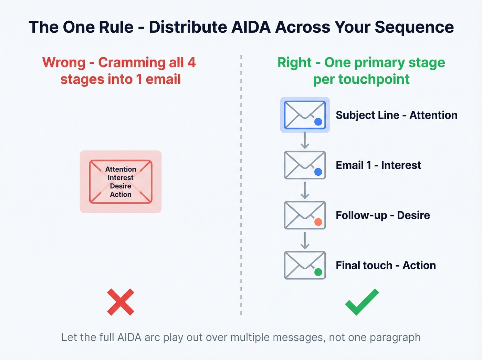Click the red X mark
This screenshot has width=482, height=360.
pyautogui.click(x=120, y=302)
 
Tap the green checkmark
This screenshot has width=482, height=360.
pyautogui.click(x=361, y=302)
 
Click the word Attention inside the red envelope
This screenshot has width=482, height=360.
pyautogui.click(x=120, y=169)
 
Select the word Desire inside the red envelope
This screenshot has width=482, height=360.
pyautogui.click(x=120, y=186)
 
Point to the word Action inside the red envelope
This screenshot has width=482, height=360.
pyautogui.click(x=120, y=194)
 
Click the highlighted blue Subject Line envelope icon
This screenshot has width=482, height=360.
pyautogui.click(x=305, y=115)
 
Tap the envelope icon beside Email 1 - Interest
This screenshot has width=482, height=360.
pyautogui.click(x=305, y=165)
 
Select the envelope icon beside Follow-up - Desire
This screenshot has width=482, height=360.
pyautogui.click(x=305, y=215)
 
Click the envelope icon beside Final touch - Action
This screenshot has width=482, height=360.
pyautogui.click(x=305, y=265)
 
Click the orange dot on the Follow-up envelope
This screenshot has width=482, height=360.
pyautogui.click(x=318, y=222)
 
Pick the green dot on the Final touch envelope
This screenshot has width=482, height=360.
pyautogui.click(x=318, y=272)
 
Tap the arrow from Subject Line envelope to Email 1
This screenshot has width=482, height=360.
pyautogui.click(x=305, y=140)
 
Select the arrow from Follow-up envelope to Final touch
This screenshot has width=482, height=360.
pyautogui.click(x=305, y=240)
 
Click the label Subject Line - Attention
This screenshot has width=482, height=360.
pyautogui.click(x=396, y=115)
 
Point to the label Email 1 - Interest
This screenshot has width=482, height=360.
pyautogui.click(x=378, y=165)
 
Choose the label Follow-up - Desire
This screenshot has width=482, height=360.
pyautogui.click(x=383, y=215)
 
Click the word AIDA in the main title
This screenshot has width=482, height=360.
pyautogui.click(x=251, y=27)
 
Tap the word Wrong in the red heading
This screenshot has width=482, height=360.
pyautogui.click(x=64, y=63)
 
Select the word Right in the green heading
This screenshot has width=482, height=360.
pyautogui.click(x=294, y=63)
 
